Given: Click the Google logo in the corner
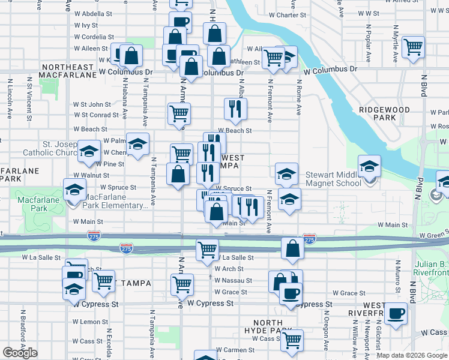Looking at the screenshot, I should (20, 353).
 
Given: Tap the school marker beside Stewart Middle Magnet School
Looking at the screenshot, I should (369, 166).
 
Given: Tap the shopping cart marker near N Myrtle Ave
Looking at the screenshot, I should (414, 47).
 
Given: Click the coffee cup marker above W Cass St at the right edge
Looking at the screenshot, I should (396, 314).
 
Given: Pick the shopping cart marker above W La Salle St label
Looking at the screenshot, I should (207, 248).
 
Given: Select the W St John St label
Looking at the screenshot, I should (92, 104).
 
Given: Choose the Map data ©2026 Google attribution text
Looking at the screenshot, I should (412, 355).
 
